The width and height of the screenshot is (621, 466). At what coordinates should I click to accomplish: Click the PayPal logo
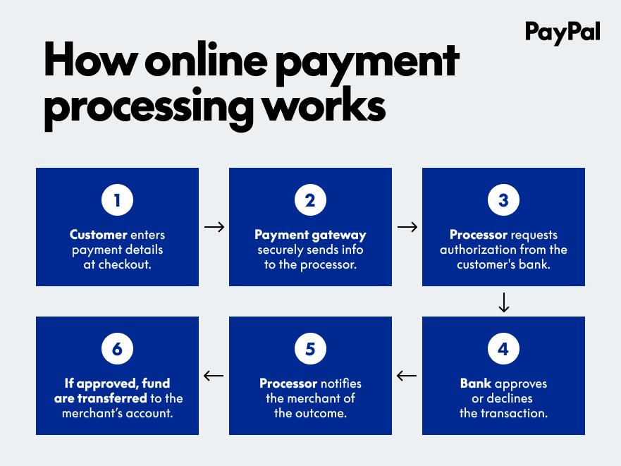[562, 33]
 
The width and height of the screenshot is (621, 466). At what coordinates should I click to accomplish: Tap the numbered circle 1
[117, 200]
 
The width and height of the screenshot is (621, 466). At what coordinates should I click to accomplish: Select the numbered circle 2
[310, 200]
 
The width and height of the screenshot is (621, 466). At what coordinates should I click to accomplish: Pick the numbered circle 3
[503, 200]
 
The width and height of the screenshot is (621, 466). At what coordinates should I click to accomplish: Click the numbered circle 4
[503, 349]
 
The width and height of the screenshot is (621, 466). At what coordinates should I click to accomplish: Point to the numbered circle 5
[310, 349]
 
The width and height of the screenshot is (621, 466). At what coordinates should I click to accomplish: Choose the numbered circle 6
[117, 349]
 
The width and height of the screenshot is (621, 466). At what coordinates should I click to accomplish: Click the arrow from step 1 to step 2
[214, 227]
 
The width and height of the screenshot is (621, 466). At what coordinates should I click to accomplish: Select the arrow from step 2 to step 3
[407, 227]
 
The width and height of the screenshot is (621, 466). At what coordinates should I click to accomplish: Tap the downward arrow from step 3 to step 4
[504, 302]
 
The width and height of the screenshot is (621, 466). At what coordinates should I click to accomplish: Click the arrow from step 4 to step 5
[407, 376]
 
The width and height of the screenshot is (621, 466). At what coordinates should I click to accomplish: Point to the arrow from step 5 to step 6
[214, 376]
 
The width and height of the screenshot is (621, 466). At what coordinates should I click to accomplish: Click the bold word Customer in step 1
[98, 235]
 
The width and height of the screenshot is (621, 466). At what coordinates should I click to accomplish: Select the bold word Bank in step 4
[476, 384]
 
